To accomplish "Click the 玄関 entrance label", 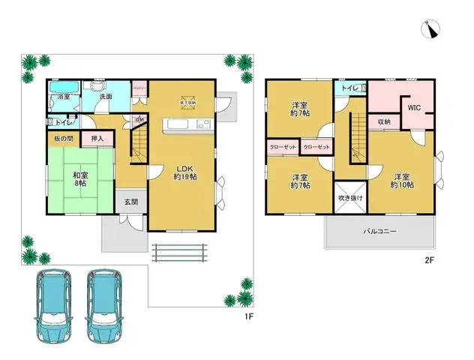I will [131, 201].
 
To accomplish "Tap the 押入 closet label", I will [97, 139].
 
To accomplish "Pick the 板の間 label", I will [64, 139].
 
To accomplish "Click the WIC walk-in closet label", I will [414, 107].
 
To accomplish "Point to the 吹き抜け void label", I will [350, 198].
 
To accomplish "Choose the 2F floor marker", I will [430, 260].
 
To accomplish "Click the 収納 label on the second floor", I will [383, 121].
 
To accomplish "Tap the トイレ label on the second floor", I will [349, 88].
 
